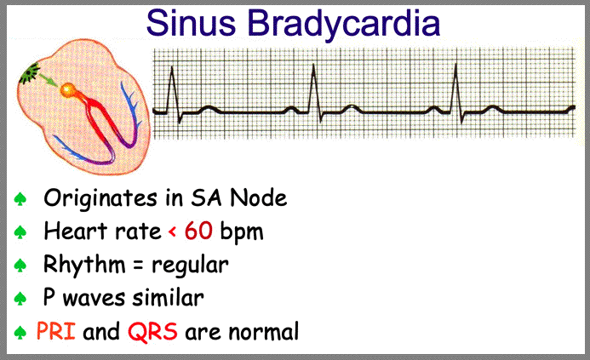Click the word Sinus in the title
pos(191,23)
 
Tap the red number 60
pos(198,231)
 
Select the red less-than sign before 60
pos(172,231)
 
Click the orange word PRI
pos(55,331)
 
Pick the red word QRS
pos(152,332)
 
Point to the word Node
pos(259,197)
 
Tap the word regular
pos(190,266)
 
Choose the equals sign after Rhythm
pos(138,266)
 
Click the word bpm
pos(242,232)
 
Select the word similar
pos(169,298)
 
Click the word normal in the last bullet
pos(263,332)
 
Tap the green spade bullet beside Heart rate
pos(20,232)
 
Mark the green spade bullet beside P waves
pos(20,299)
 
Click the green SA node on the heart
pos(30,73)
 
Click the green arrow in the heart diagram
pos(49,80)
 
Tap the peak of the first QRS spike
pos(172,67)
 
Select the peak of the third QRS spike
pos(455,65)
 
